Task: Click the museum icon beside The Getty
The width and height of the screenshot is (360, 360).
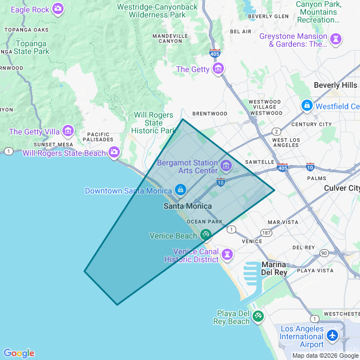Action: click(218, 69)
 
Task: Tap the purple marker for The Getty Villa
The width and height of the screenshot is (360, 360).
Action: click(68, 131)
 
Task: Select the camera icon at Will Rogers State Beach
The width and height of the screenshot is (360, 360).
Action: click(114, 152)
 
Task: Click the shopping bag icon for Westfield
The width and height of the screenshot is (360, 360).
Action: click(307, 105)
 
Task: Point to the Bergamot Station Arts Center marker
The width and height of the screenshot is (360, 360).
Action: click(226, 165)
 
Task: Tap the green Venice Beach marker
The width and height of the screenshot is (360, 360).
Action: click(206, 235)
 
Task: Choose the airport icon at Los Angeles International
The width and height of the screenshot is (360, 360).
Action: click(332, 336)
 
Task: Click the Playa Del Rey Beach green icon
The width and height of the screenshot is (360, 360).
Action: click(258, 316)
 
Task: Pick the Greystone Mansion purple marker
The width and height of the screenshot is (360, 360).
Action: click(336, 39)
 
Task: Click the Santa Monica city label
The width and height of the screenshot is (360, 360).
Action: click(188, 206)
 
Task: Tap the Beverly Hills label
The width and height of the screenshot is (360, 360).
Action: click(335, 85)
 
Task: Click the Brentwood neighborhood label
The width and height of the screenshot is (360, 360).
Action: click(210, 114)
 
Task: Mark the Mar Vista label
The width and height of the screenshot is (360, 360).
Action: click(283, 222)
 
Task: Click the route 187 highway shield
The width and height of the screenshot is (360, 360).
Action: click(266, 232)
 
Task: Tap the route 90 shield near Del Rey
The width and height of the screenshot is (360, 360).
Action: click(324, 253)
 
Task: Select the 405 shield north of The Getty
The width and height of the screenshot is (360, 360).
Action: click(215, 53)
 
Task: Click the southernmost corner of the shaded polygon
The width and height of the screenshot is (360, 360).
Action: click(117, 305)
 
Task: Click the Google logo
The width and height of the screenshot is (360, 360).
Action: click(19, 353)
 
